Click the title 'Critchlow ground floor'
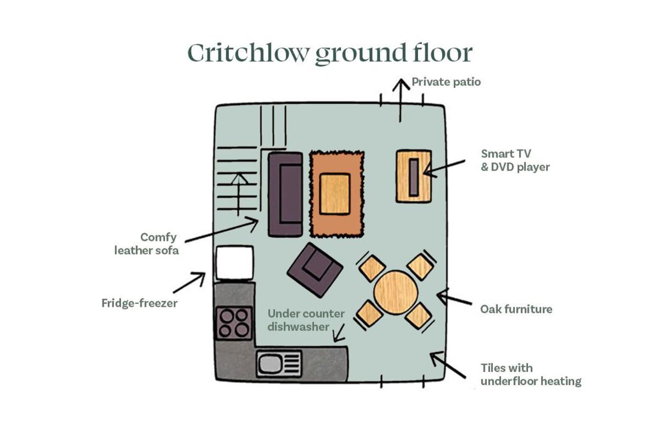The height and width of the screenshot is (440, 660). point(330,54)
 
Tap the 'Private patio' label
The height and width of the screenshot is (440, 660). point(446,82)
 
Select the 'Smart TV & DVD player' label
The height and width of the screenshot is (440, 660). point(515,160)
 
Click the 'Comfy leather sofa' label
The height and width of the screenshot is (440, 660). point(146,244)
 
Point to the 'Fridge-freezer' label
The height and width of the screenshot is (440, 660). point(139,303)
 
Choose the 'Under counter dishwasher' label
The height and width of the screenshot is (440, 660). point(306,320)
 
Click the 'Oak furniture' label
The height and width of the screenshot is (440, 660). point(516,309)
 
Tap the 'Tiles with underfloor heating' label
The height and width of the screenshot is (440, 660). point(531,375)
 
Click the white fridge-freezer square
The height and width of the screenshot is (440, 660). point(234,263)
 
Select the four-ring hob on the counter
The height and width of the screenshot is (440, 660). point(234,323)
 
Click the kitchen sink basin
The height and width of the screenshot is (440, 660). point(269,364)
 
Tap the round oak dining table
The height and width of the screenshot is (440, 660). point(395,293)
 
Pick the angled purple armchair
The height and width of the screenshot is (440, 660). point(315,270)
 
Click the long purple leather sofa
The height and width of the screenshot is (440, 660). point(285,194)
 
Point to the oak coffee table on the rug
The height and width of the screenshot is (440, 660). point(335,194)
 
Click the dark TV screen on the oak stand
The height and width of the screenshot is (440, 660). point(414,177)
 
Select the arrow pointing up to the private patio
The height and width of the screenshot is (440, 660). point(400,100)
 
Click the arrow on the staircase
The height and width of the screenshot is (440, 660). point(239,195)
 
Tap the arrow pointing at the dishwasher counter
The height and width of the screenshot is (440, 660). point(339,333)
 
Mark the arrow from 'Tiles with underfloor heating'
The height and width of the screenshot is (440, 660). point(448,365)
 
